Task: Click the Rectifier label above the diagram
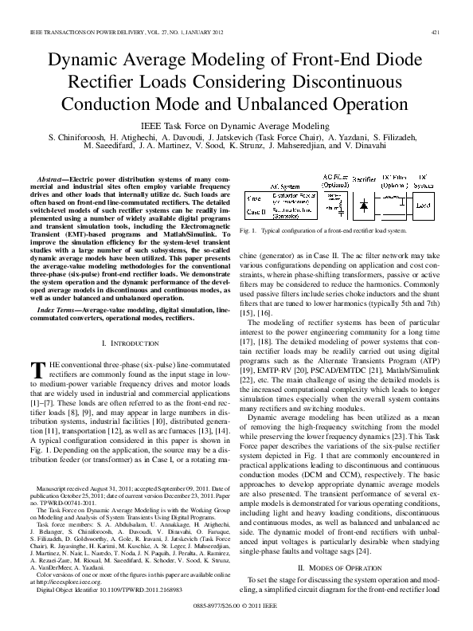[x=364, y=179]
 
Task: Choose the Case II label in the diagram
[x=260, y=213]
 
